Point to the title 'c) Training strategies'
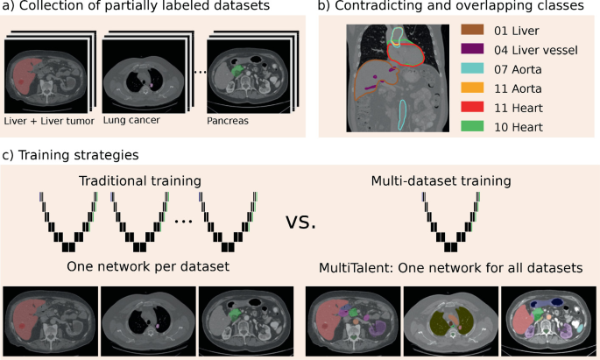71,156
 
